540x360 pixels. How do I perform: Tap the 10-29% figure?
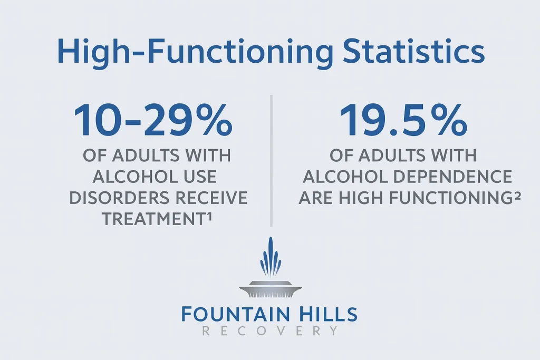point(153,121)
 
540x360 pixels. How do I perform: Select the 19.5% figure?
point(403,121)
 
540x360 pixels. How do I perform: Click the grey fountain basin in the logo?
point(270,288)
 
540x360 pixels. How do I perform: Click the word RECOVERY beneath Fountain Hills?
point(270,332)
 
